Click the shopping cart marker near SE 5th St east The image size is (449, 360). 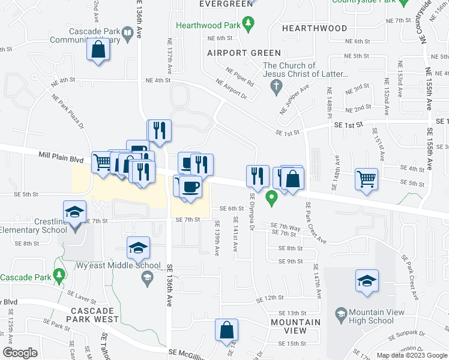[366, 179]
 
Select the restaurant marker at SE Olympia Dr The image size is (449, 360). [257, 176]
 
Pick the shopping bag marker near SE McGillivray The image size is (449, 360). [227, 330]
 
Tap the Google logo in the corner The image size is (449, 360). [20, 353]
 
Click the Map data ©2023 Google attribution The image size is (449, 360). [412, 355]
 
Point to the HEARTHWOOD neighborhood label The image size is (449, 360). [314, 28]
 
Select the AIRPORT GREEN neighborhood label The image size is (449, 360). [236, 53]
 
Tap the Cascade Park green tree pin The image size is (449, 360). [59, 275]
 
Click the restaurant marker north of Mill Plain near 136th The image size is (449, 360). [159, 130]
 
